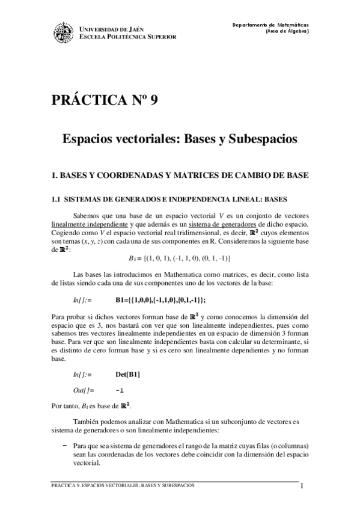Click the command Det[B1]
[128, 375]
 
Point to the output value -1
[120, 390]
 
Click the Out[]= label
[84, 390]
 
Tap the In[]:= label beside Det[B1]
[84, 375]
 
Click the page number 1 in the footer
[302, 487]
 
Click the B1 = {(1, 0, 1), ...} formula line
[179, 258]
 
